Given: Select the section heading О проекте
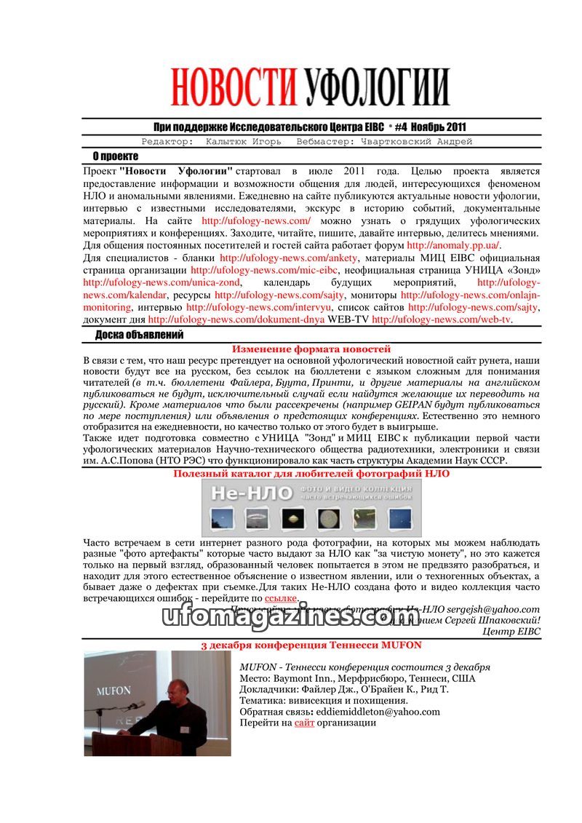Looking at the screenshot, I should click(115, 156).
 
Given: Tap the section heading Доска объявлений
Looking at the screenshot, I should click(139, 335).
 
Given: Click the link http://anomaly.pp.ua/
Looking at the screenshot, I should click(453, 245).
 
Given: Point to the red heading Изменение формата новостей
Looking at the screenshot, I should click(311, 349).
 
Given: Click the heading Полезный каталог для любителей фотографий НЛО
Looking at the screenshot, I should click(311, 473).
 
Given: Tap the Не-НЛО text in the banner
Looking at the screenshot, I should click(241, 494).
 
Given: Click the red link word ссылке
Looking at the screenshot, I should click(280, 597).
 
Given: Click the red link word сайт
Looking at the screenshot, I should click(304, 723).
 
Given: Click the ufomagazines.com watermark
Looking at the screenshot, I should click(290, 617).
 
